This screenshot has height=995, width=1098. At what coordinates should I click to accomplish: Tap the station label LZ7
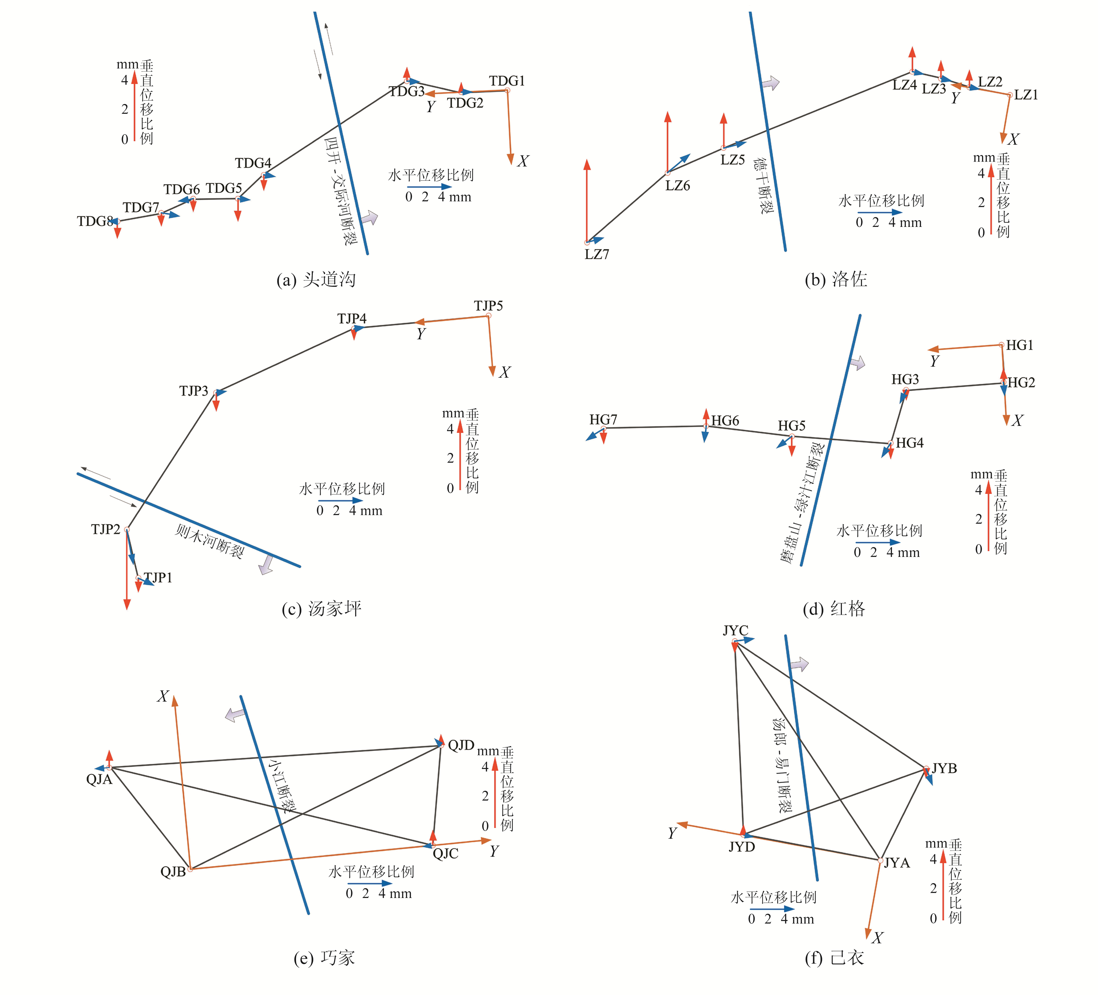(597, 254)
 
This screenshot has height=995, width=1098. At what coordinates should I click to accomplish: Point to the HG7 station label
(603, 419)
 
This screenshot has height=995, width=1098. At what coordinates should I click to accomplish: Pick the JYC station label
(735, 630)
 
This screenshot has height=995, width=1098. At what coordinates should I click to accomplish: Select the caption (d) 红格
(834, 608)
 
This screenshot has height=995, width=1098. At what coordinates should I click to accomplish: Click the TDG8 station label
(95, 221)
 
